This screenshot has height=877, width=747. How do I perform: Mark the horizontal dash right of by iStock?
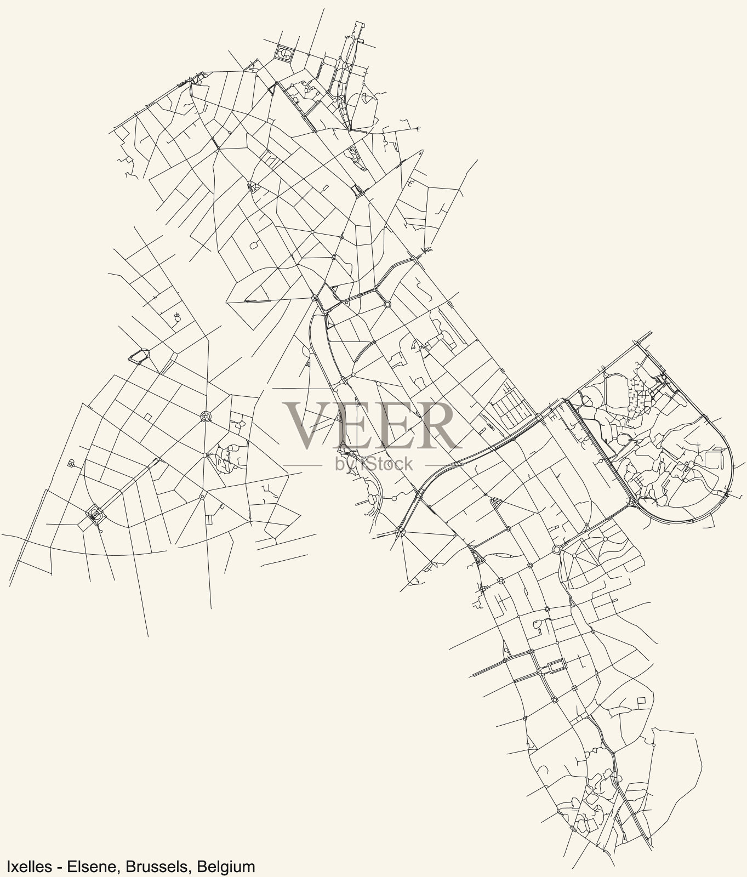439,465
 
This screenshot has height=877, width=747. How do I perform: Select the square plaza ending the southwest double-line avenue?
95,515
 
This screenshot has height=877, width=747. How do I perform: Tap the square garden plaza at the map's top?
285,54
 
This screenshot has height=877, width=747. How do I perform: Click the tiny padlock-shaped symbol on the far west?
71,464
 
